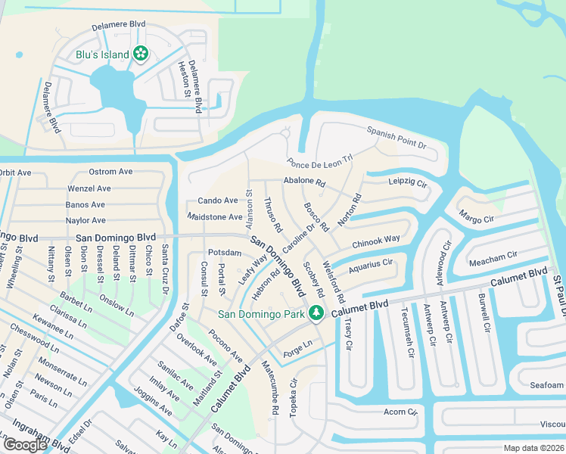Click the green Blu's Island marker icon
pos(140,53)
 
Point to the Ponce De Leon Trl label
pos(320,163)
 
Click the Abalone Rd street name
pos(303,182)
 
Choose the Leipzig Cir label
pos(408,183)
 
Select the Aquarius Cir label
pos(370,266)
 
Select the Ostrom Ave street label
pos(110,172)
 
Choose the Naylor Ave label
pos(87,220)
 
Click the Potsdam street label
pos(224,252)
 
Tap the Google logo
pos(25,444)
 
